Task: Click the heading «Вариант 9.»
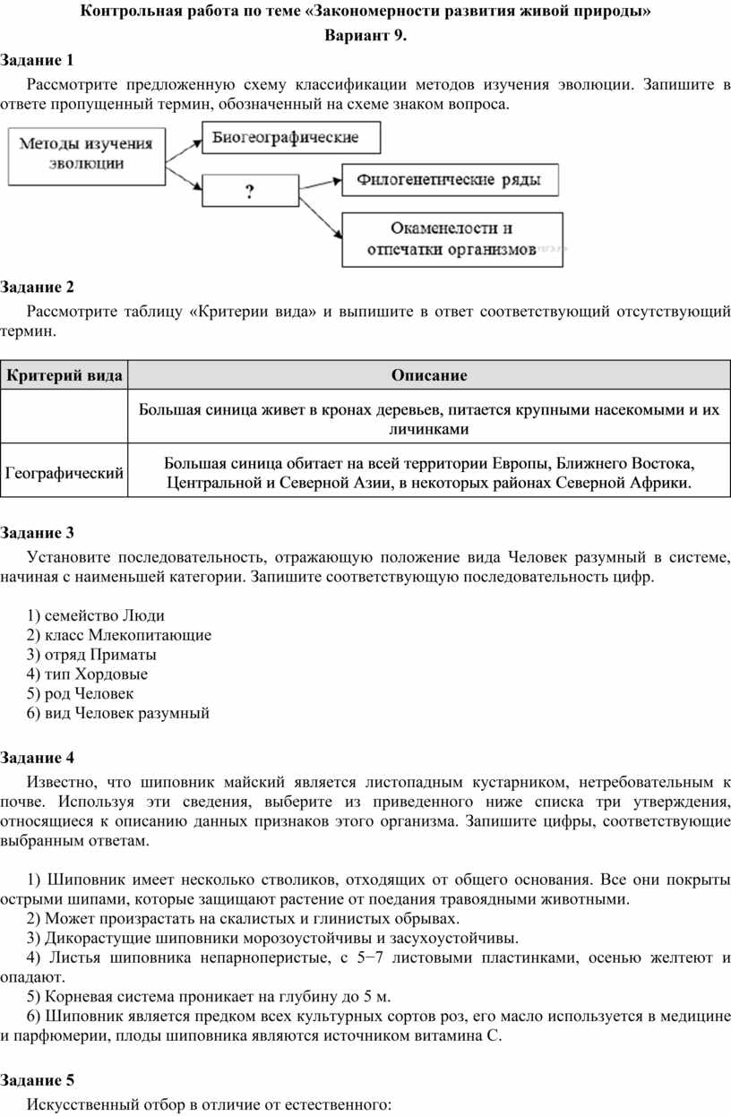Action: point(365,37)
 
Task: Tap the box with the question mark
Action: point(249,191)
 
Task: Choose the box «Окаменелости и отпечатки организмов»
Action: point(452,239)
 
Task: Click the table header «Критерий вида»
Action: point(64,375)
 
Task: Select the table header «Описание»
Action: point(428,375)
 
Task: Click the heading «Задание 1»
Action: point(38,60)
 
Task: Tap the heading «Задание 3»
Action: point(38,534)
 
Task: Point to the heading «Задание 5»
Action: point(38,1079)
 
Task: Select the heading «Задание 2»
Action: point(38,288)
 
